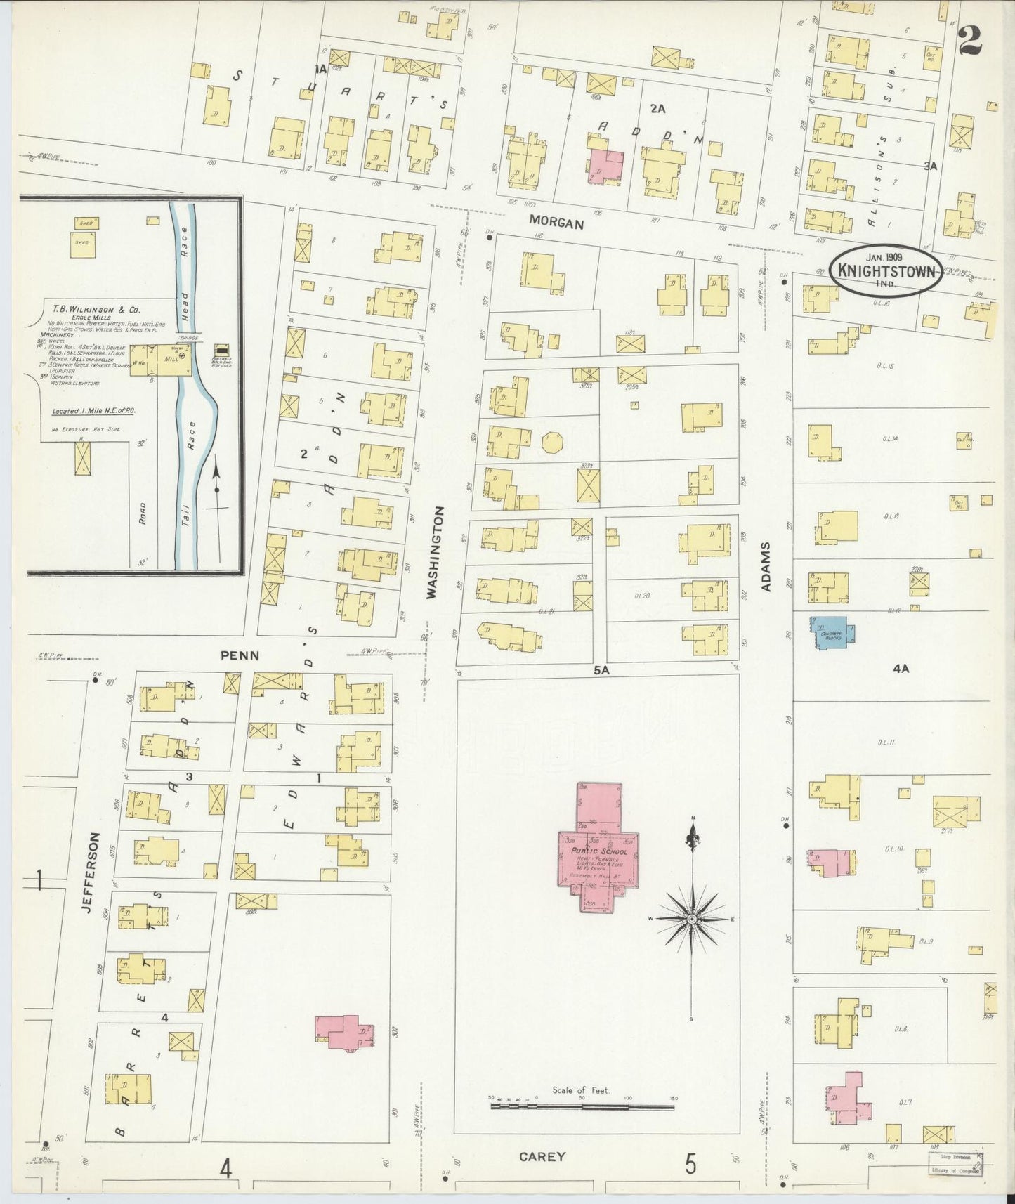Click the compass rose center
[x=693, y=919]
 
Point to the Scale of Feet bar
[x=582, y=1106]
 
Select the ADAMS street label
[x=766, y=566]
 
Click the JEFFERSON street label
[x=87, y=872]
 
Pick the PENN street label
[x=240, y=655]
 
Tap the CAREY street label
[x=542, y=1156]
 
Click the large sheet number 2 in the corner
[x=969, y=41]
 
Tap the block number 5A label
[x=601, y=670]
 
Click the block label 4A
[x=901, y=669]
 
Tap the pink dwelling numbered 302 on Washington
[x=343, y=1032]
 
